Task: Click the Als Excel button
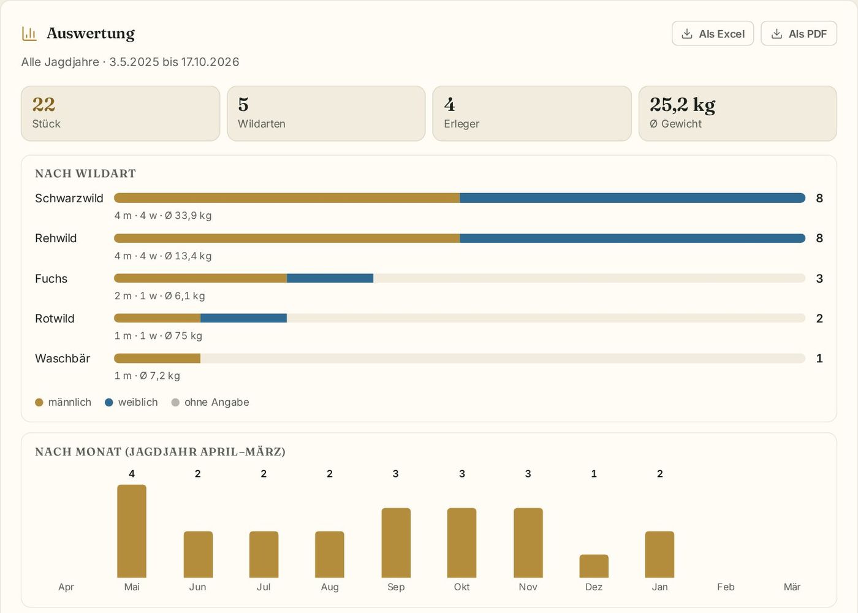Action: pos(712,34)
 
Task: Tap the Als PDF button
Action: pos(799,34)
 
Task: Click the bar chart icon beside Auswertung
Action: pos(29,34)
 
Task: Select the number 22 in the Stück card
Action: pos(44,104)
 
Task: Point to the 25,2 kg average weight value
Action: pos(682,105)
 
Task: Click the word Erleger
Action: pos(461,124)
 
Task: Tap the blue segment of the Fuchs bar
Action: pos(330,278)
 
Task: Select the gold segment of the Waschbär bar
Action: pos(157,358)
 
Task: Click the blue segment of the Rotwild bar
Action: pos(244,318)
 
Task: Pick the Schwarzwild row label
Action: pos(69,198)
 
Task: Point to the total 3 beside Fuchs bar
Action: pos(819,278)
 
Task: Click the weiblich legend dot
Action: pos(109,402)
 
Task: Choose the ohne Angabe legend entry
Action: pos(210,402)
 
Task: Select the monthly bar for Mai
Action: pos(132,531)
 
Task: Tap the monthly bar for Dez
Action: pos(594,566)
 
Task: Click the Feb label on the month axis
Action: pos(726,587)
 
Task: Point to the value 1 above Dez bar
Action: pos(594,474)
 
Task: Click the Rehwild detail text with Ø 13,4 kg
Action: pos(163,256)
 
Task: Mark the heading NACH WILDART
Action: pos(85,173)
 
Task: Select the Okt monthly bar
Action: pos(462,543)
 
